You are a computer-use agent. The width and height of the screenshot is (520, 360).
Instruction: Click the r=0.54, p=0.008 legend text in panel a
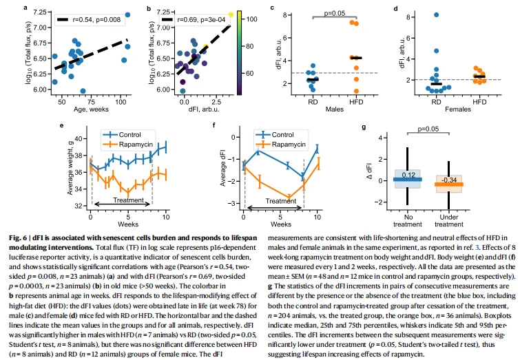coord(96,20)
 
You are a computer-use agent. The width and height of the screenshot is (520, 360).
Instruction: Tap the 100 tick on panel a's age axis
coord(121,102)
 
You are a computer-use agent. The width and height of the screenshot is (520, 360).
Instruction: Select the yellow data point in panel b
coord(231,14)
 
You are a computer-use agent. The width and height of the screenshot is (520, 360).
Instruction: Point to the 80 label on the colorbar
coord(250,46)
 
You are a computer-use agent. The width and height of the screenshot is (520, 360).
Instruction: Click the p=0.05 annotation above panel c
coord(334,13)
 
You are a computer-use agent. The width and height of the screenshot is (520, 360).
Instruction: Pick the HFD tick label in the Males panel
coord(356,102)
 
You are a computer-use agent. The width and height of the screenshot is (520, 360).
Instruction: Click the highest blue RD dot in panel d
coord(437,14)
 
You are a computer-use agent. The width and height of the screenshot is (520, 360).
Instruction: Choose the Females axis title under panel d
coord(457,109)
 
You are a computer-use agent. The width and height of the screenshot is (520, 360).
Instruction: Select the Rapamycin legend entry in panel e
coord(136,144)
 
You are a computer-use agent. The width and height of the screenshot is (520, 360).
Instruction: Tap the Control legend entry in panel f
coord(282,135)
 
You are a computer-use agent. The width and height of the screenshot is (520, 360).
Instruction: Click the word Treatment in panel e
coord(128,200)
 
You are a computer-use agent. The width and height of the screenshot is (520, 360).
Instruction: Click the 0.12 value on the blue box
coord(408,175)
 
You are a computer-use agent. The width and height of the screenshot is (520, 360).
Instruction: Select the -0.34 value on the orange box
coord(449,180)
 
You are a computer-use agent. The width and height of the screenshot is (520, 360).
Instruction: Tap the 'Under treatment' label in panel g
coord(449,221)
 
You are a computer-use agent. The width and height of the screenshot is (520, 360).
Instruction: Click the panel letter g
coord(364,127)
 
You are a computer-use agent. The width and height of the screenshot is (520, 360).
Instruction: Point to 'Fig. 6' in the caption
coord(19,237)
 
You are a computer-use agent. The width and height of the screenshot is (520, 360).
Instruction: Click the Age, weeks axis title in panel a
coord(91,109)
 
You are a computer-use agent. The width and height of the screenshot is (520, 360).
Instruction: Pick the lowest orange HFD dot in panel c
coord(356,91)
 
